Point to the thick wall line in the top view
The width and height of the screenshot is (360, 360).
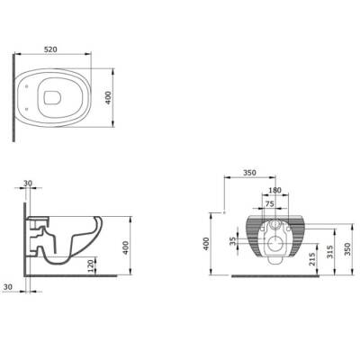coord(13,96)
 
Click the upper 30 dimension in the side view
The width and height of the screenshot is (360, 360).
coord(28,184)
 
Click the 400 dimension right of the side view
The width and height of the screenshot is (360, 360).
coord(127,245)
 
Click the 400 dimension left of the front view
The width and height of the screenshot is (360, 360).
coord(206,244)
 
